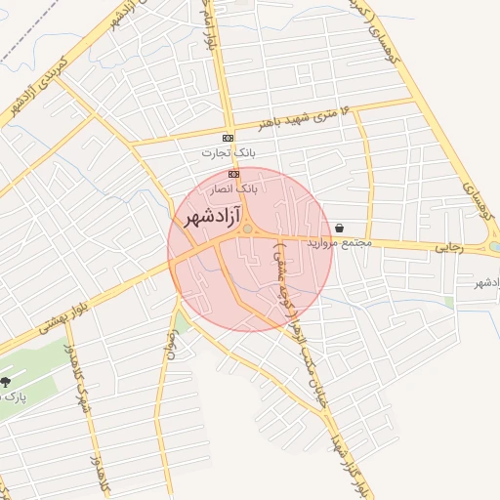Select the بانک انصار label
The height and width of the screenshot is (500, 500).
235,186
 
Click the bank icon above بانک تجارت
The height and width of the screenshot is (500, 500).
228,138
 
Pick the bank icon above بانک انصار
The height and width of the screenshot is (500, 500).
233,173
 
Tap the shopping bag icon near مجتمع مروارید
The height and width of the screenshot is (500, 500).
338,227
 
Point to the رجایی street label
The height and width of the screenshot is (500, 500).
446,248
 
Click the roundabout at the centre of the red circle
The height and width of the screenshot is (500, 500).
248,229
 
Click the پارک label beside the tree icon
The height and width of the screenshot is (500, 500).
13,396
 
